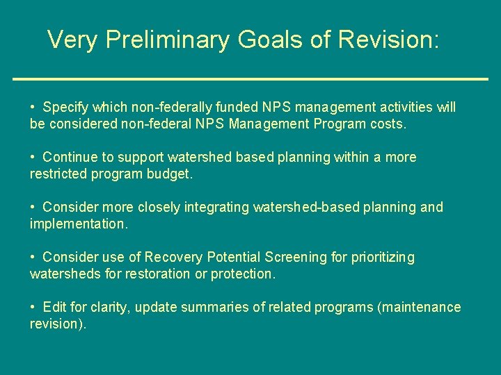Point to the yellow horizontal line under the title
point(250,79)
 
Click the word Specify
point(66,108)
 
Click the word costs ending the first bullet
point(388,124)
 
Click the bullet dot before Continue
point(33,158)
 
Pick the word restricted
point(58,174)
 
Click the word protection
point(244,274)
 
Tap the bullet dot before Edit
point(33,308)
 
